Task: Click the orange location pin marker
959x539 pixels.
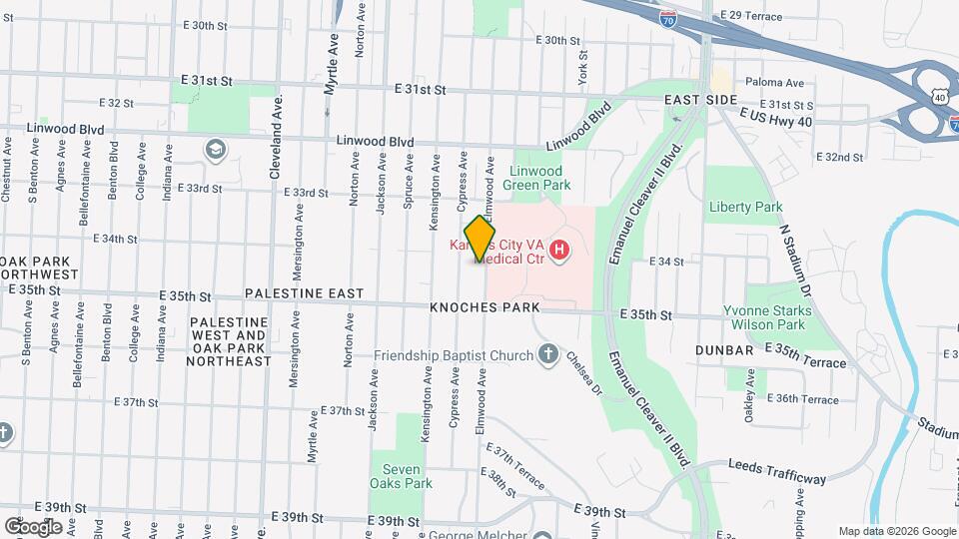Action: [479, 239]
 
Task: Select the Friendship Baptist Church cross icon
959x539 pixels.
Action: [547, 353]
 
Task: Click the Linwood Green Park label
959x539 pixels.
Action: [540, 178]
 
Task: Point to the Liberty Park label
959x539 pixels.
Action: [745, 207]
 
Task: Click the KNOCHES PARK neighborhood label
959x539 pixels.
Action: [484, 307]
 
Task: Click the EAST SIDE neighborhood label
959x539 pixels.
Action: [701, 101]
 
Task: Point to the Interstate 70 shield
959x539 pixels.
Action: [668, 18]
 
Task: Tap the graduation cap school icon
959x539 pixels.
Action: [214, 150]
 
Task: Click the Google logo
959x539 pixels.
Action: [32, 526]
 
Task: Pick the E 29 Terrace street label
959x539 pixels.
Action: [751, 16]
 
